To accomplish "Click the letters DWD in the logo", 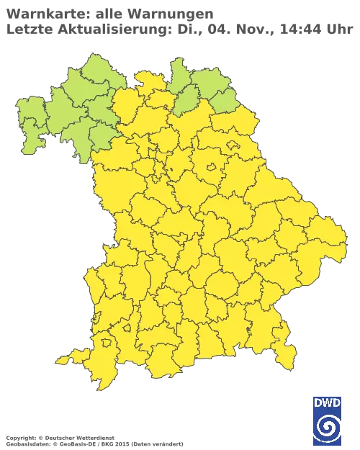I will [x=328, y=402].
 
